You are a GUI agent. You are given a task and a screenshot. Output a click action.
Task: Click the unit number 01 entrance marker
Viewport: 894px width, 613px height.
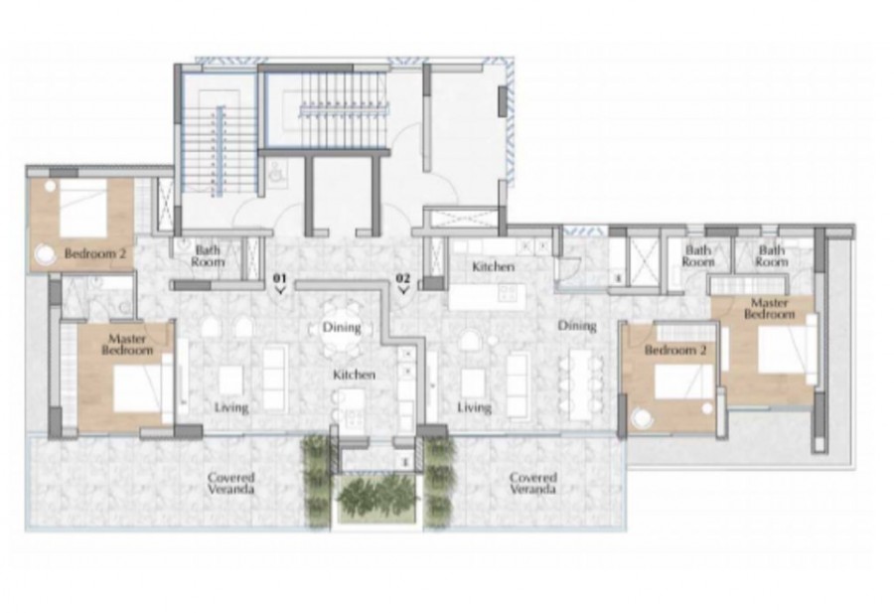[x=280, y=283]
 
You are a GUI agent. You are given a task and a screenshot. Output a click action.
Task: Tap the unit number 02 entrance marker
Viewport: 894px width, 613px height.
[x=403, y=283]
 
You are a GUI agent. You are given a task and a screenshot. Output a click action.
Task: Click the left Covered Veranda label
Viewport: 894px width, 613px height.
[x=230, y=483]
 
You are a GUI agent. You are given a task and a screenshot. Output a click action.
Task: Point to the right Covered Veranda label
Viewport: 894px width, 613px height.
[x=533, y=483]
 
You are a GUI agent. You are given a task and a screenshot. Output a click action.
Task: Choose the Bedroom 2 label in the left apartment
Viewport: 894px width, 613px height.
[x=94, y=253]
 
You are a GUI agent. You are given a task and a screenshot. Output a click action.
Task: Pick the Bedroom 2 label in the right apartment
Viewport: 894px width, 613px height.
[x=675, y=349]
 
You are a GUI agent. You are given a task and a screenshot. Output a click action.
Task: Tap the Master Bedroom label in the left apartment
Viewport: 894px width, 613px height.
[x=127, y=345]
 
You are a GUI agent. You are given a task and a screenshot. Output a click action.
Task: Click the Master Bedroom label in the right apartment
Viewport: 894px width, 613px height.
[x=769, y=308]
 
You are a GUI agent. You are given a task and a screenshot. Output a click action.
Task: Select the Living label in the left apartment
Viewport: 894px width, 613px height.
[x=231, y=407]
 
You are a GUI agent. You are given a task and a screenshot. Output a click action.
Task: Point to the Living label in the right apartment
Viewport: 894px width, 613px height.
[x=475, y=407]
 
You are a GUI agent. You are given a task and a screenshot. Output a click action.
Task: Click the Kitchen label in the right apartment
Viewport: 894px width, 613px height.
[x=494, y=266]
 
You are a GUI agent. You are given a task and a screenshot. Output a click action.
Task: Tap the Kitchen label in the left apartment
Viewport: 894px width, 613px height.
[x=354, y=375]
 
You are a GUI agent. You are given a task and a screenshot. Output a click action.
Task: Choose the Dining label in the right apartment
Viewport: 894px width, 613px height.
[x=577, y=326]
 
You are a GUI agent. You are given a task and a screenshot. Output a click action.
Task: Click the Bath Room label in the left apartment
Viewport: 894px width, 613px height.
[x=208, y=256]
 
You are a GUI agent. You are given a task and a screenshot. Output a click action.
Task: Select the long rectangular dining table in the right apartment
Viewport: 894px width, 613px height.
[x=580, y=383]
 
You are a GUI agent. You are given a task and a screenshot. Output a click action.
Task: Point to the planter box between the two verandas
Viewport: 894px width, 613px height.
[x=378, y=500]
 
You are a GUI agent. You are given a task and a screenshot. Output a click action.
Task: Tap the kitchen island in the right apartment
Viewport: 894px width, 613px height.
[x=488, y=297]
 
